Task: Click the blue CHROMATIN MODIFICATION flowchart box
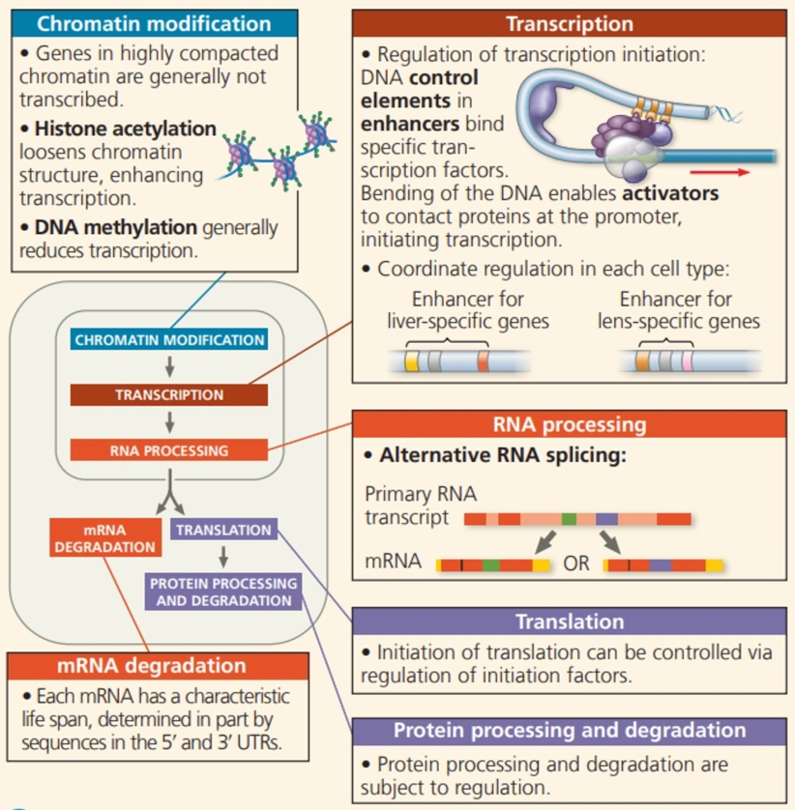[x=169, y=339]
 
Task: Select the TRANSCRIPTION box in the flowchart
[x=169, y=394]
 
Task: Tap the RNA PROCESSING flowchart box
[x=169, y=449]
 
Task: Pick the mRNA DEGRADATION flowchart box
[x=105, y=537]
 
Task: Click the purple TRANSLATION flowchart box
[x=223, y=530]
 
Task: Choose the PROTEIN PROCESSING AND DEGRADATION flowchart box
[x=223, y=592]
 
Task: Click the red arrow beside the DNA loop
[x=721, y=172]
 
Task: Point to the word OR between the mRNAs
[x=576, y=564]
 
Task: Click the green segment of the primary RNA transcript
[x=569, y=519]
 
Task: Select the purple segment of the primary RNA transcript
[x=606, y=519]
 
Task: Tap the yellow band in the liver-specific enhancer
[x=411, y=361]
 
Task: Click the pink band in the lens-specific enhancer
[x=687, y=361]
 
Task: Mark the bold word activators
[x=670, y=193]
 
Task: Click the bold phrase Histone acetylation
[x=125, y=129]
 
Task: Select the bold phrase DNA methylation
[x=116, y=227]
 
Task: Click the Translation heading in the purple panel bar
[x=570, y=622]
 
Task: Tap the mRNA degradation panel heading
[x=152, y=665]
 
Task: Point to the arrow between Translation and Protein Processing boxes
[x=223, y=557]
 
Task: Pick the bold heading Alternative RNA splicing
[x=503, y=455]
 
